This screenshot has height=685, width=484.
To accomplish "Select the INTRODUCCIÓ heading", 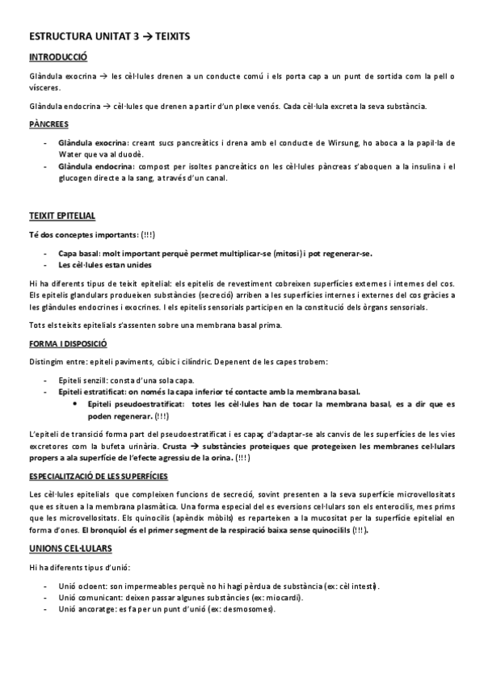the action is [x=58, y=58].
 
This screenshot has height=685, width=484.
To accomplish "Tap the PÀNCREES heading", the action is [x=48, y=124].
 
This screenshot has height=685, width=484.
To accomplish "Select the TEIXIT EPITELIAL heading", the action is [x=61, y=217].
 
